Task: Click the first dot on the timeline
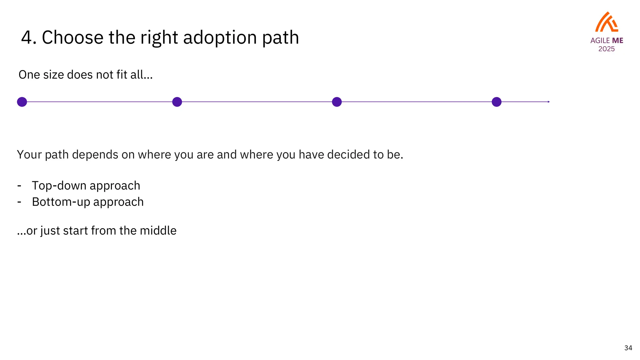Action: pyautogui.click(x=22, y=102)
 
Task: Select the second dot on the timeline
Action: pyautogui.click(x=177, y=102)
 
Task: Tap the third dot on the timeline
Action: pyautogui.click(x=337, y=102)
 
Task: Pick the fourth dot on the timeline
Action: pyautogui.click(x=497, y=102)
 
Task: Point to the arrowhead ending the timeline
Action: pyautogui.click(x=549, y=102)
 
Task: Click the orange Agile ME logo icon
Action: pyautogui.click(x=607, y=22)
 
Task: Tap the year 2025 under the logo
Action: pyautogui.click(x=607, y=49)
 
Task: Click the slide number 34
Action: pyautogui.click(x=628, y=348)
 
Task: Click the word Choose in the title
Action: pyautogui.click(x=72, y=37)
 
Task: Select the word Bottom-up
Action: pyautogui.click(x=61, y=202)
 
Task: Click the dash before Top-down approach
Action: pyautogui.click(x=19, y=186)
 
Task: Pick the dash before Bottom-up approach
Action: pyautogui.click(x=19, y=202)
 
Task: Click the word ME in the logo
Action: pyautogui.click(x=617, y=41)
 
